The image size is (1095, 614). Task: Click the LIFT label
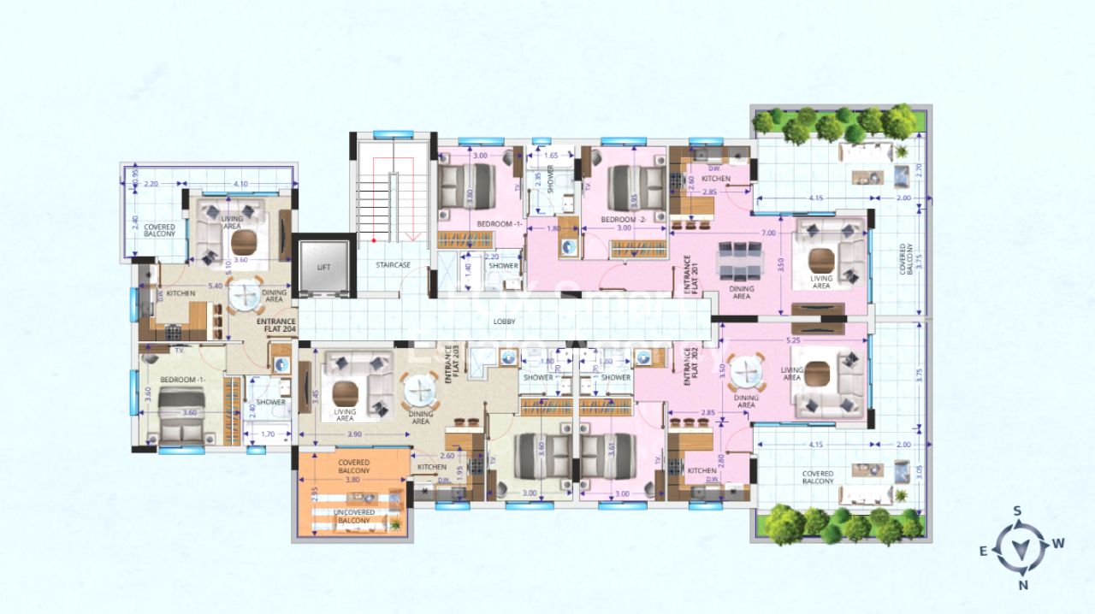323,267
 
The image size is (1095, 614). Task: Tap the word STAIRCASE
393,265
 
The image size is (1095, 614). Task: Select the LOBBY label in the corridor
504,322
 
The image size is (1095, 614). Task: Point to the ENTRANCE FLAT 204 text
276,325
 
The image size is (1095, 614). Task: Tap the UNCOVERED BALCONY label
350,517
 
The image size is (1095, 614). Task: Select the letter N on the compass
1023,585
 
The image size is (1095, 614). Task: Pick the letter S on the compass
1017,511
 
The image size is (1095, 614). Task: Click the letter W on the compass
1058,543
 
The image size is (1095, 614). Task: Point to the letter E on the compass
984,552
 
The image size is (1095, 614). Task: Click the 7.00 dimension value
767,233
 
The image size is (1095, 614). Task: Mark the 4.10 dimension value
240,184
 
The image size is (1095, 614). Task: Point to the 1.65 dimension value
551,156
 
